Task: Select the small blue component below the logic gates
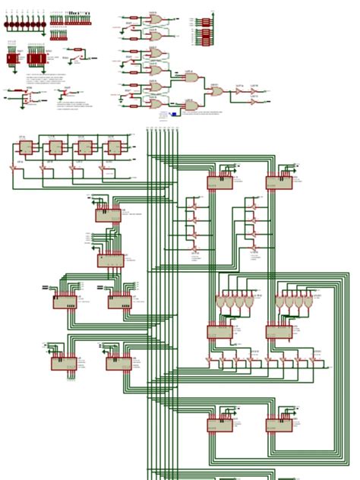[174, 115]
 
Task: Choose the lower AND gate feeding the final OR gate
[192, 105]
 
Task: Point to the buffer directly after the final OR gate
[238, 91]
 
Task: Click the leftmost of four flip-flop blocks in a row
[26, 147]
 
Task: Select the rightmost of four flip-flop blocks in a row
[114, 147]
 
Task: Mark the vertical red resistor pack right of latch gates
[206, 32]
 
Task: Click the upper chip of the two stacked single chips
[108, 215]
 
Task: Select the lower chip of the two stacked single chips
[110, 261]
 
